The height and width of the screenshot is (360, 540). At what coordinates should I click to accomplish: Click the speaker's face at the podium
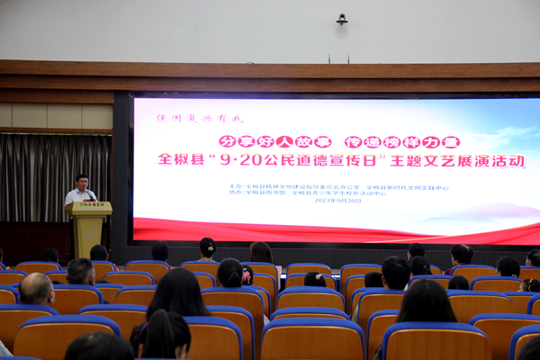tap(82, 182)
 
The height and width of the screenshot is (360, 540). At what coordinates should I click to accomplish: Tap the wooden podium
tap(88, 229)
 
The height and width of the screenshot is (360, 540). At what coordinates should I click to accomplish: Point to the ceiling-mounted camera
tap(342, 18)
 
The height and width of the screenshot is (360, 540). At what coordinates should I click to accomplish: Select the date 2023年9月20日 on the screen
tap(340, 201)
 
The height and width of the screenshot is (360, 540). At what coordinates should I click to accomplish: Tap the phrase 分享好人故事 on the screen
tap(263, 141)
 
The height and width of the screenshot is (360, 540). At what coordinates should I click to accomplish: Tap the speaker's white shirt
tap(79, 196)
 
